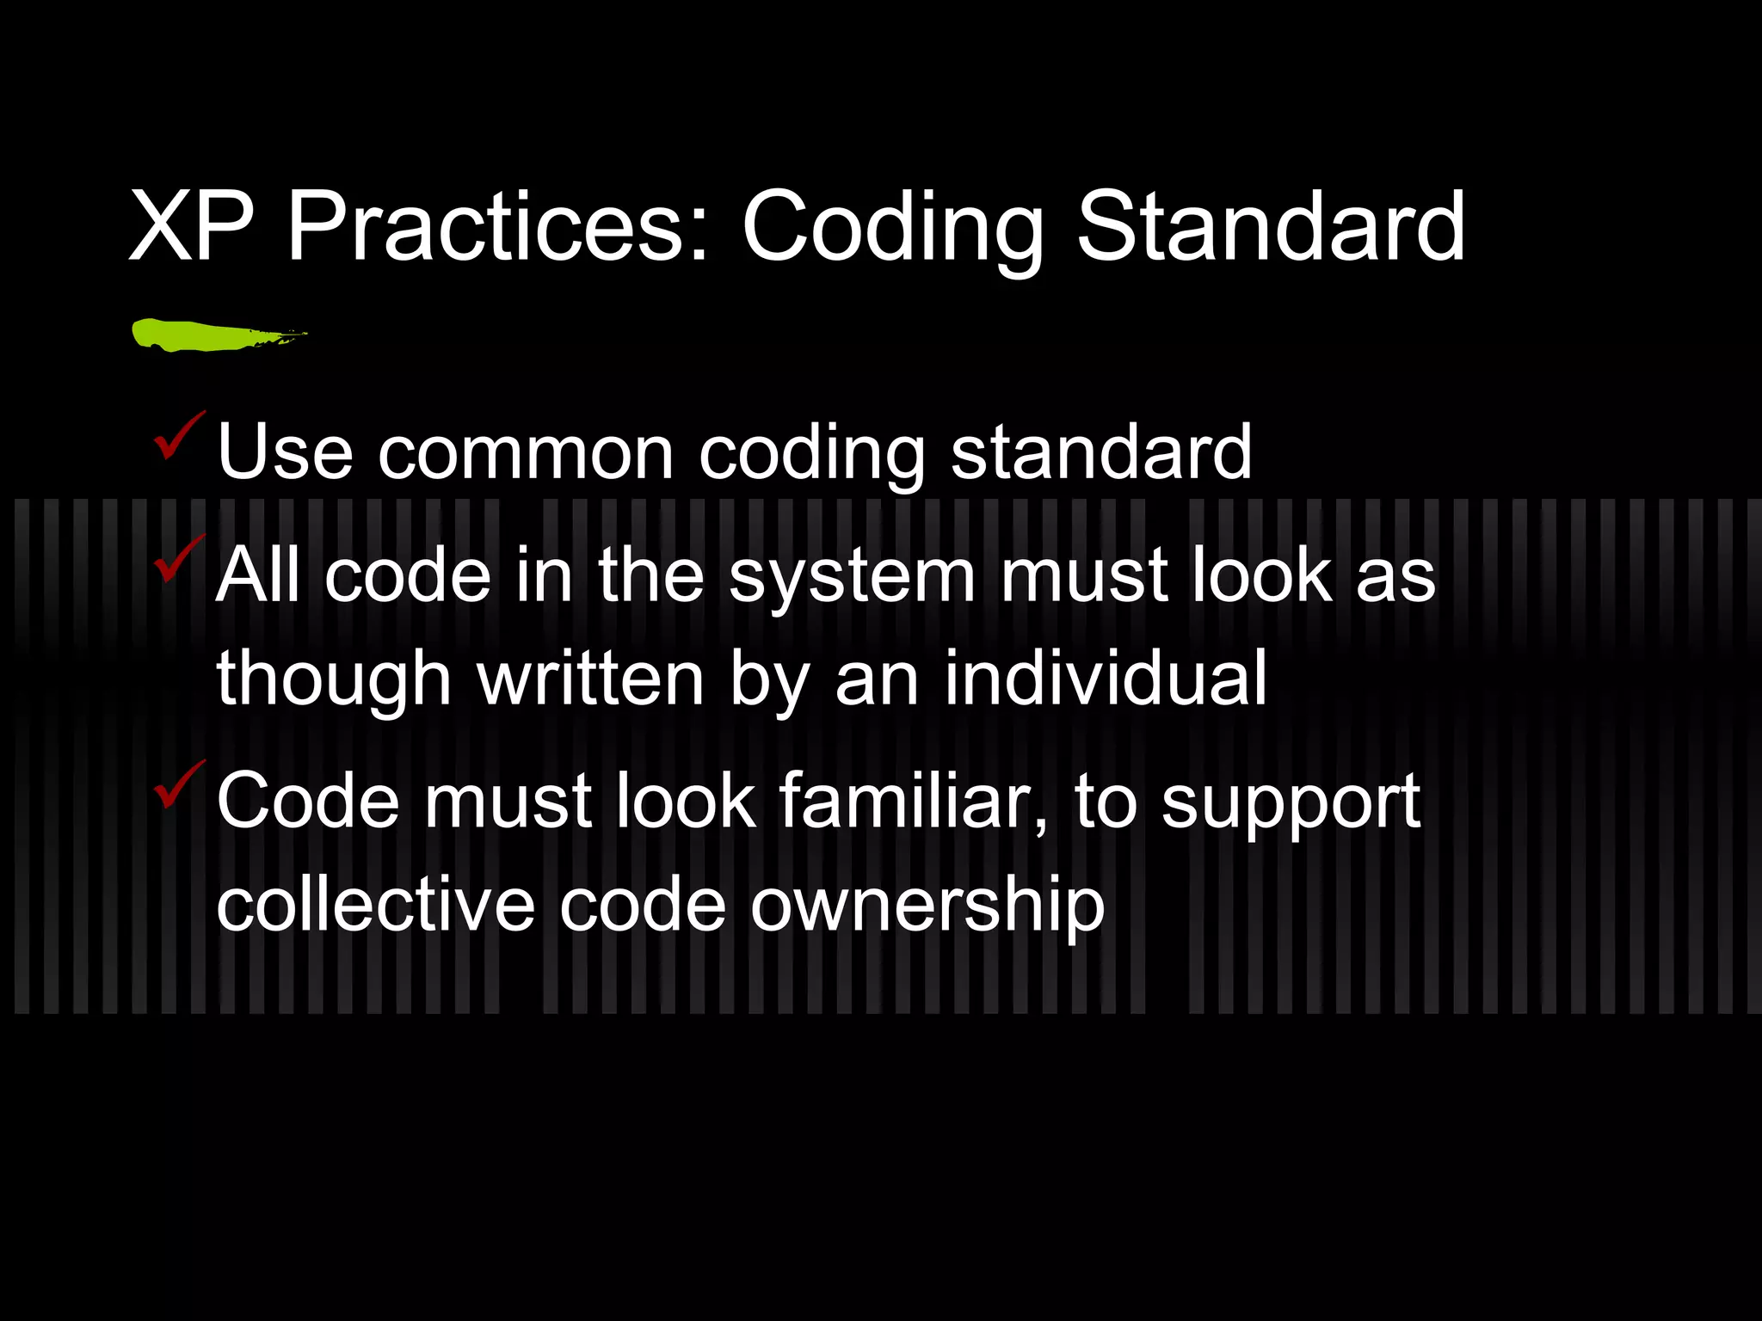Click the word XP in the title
[191, 227]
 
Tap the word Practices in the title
[497, 227]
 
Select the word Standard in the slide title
[1270, 227]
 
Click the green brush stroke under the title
[215, 335]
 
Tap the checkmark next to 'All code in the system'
[178, 559]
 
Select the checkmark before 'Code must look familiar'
[178, 784]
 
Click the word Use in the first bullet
[285, 452]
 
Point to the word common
[526, 452]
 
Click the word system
[852, 576]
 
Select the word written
[590, 679]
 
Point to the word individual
[1106, 679]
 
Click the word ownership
[927, 906]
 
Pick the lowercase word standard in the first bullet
[1100, 452]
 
